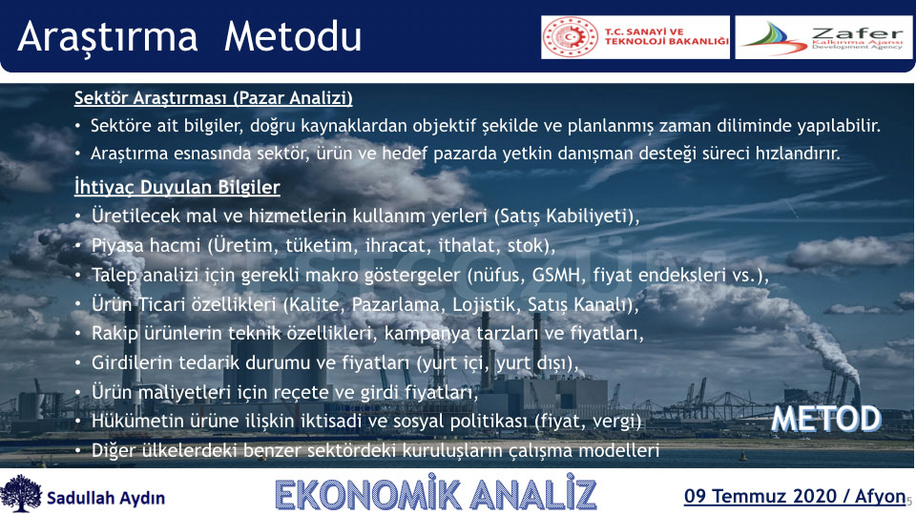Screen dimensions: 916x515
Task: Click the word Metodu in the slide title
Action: [x=293, y=36]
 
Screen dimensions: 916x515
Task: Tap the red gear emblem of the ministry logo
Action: [x=571, y=37]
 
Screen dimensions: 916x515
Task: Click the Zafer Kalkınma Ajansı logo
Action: [x=823, y=37]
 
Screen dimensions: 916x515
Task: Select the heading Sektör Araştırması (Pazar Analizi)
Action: [x=213, y=97]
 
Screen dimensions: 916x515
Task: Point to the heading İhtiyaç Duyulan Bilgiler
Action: [x=177, y=187]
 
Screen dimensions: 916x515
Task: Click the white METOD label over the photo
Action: [x=826, y=419]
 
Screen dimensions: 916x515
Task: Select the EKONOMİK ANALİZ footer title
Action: [x=436, y=495]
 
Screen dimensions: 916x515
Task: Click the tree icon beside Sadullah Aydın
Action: [x=21, y=494]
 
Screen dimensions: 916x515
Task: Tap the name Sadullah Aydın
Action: [x=106, y=498]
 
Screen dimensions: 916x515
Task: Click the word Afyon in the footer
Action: [x=880, y=497]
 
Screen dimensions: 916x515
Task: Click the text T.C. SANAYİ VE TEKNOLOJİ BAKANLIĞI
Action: [x=667, y=37]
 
